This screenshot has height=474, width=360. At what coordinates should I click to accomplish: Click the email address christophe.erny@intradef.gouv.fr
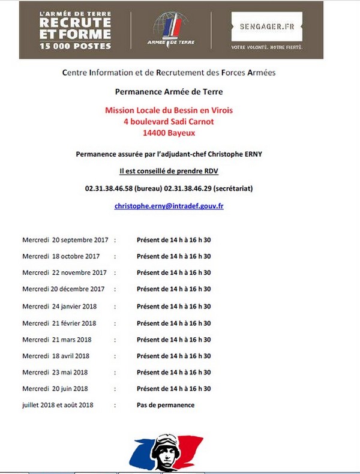point(169,206)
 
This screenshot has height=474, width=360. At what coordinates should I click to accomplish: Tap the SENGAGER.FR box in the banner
point(266,27)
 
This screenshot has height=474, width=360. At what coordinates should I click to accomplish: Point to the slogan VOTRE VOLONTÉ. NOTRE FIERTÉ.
point(266,46)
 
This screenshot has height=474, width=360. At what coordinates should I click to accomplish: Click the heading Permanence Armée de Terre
point(169,92)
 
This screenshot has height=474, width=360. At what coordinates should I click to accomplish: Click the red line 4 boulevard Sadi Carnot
point(169,121)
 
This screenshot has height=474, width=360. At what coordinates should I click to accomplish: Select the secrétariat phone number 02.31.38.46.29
point(186,188)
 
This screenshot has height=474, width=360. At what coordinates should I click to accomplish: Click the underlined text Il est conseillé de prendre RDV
point(169,171)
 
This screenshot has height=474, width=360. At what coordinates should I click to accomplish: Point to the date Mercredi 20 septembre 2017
point(65,240)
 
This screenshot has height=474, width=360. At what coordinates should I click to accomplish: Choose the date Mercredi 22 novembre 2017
point(64,272)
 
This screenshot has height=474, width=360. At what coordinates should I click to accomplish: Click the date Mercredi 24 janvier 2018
point(59,306)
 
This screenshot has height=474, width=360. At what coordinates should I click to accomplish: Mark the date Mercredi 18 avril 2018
point(56,356)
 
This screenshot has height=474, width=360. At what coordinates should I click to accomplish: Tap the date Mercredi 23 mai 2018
point(55,372)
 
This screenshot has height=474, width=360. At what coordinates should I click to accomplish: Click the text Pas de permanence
point(165,405)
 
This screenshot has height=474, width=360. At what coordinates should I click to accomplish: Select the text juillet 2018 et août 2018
point(58,405)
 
